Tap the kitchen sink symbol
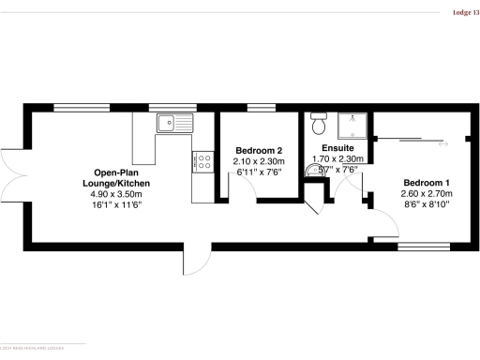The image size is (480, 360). click(174, 122)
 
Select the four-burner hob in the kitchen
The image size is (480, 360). click(202, 162)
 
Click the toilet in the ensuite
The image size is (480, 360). click(317, 122)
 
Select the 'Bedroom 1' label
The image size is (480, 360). click(427, 182)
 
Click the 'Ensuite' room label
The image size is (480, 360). click(337, 148)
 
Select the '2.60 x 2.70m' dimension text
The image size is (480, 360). click(427, 194)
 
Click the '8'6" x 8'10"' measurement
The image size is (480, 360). click(427, 205)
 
